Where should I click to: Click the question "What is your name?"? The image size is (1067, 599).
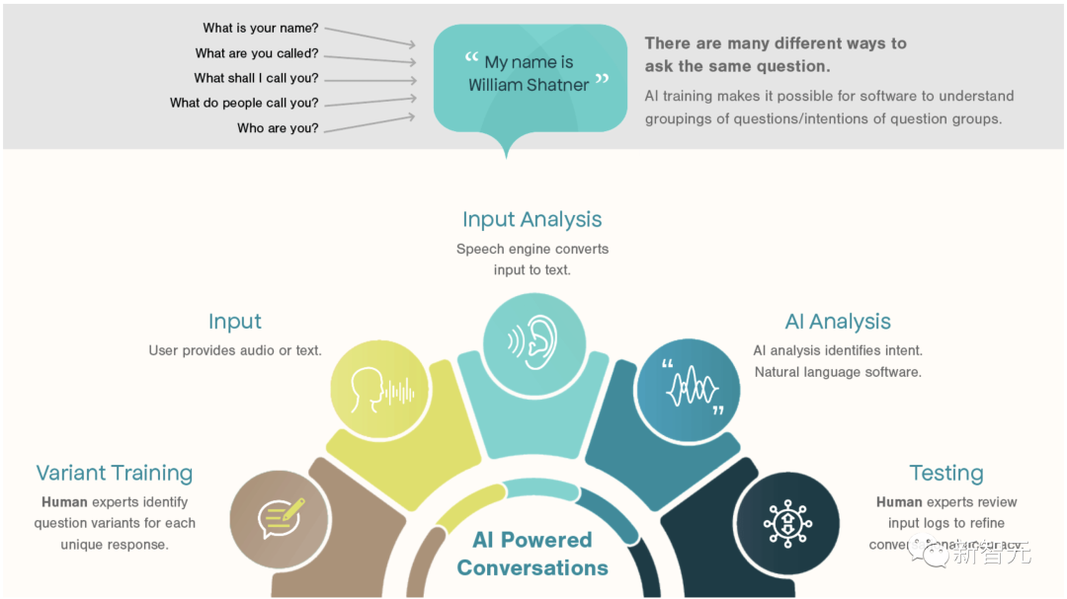coord(261,29)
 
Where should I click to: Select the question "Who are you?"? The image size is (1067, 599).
coord(278,128)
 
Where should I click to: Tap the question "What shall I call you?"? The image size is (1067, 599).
coord(256,78)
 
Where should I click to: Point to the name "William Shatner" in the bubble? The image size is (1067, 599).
coord(529,85)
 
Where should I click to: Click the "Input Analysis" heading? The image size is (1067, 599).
coord(532,219)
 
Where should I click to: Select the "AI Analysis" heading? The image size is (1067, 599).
coord(838,322)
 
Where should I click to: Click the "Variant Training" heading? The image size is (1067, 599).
coord(115,473)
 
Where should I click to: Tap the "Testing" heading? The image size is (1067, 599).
coord(945,473)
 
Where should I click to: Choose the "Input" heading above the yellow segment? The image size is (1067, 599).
coord(235,322)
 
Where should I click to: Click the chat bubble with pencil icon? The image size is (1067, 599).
coord(281,516)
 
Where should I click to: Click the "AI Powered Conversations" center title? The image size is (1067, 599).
coord(533,554)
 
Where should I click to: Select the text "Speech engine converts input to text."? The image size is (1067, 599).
coord(532,260)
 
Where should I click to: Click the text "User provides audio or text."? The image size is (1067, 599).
coord(235,350)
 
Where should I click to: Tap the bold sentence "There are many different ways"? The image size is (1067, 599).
coord(776,43)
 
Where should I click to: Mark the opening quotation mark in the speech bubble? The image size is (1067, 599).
coord(471,59)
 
